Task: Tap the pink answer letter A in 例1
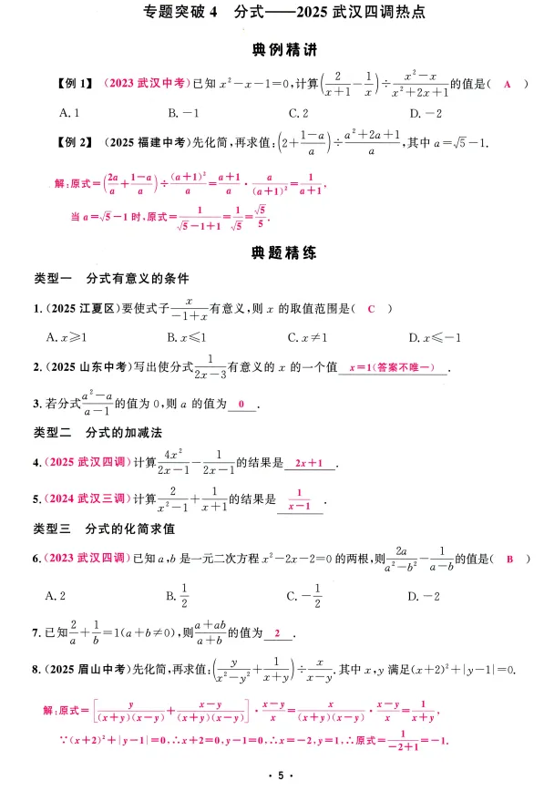(508, 84)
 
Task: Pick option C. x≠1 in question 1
(308, 337)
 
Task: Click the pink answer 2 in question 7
(276, 634)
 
